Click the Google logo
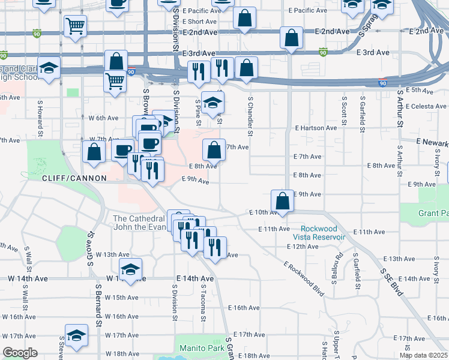click(x=20, y=353)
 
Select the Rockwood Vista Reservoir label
click(x=323, y=233)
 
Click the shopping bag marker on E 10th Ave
click(x=283, y=201)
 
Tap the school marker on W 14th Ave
click(x=130, y=271)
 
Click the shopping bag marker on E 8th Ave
click(x=214, y=150)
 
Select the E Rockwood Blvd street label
click(x=304, y=278)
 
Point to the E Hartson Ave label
click(x=315, y=128)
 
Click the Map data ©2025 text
click(x=423, y=355)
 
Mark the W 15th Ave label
click(x=122, y=298)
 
